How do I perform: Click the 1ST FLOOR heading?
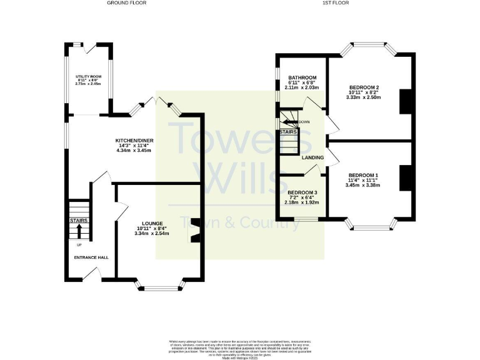click(x=334, y=3)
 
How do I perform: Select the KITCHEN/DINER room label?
click(x=134, y=141)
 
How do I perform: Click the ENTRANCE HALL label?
click(x=91, y=257)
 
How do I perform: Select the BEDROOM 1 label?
click(x=363, y=174)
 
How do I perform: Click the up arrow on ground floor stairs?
click(x=79, y=229)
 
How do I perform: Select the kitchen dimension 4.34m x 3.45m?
click(x=134, y=151)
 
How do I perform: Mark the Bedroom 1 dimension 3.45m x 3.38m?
click(x=363, y=185)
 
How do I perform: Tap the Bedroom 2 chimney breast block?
click(x=405, y=101)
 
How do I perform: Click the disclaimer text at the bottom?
click(x=240, y=347)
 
